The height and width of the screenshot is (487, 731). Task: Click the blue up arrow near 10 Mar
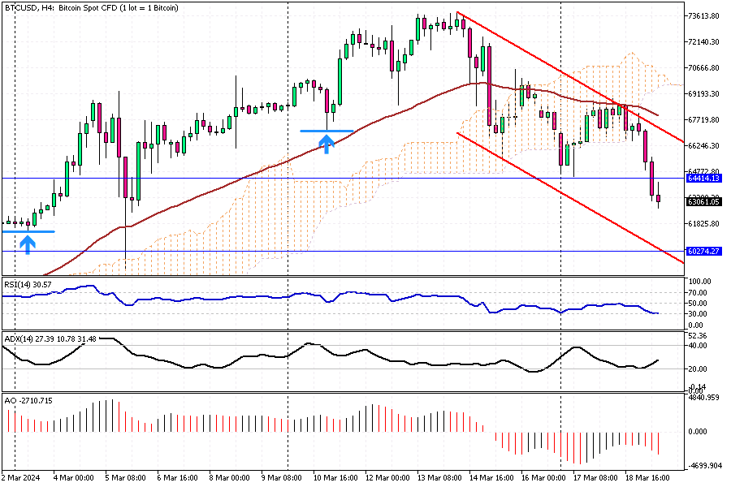point(327,144)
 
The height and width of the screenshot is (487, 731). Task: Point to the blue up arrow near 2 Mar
point(28,243)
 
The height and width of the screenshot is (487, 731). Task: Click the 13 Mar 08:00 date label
point(440,478)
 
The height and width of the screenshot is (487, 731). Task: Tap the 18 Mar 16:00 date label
point(647,478)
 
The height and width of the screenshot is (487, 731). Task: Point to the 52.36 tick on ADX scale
point(698,335)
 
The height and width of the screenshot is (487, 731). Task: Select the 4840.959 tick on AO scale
point(703,399)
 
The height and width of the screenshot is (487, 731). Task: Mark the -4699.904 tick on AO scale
point(703,466)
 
